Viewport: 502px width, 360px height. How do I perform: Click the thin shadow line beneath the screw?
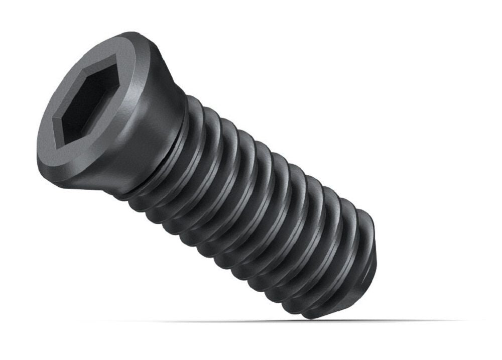(226, 321)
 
